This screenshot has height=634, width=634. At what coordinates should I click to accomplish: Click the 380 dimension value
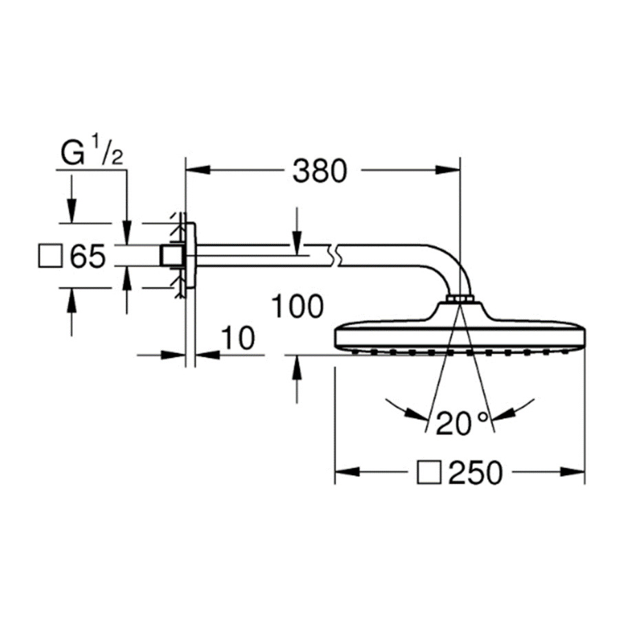pyautogui.click(x=320, y=171)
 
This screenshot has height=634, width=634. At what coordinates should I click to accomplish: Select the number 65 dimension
pyautogui.click(x=87, y=256)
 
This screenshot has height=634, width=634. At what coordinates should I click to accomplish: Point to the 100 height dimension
pyautogui.click(x=297, y=306)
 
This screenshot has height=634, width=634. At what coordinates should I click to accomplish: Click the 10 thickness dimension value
pyautogui.click(x=239, y=338)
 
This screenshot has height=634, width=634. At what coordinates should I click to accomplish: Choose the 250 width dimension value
pyautogui.click(x=476, y=473)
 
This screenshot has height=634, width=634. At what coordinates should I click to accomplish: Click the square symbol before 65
pyautogui.click(x=50, y=256)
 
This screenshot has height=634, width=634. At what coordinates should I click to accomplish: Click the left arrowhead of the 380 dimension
pyautogui.click(x=198, y=170)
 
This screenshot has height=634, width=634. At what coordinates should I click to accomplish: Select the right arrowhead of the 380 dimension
pyautogui.click(x=447, y=170)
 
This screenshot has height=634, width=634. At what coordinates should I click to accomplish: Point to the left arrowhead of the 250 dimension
pyautogui.click(x=348, y=472)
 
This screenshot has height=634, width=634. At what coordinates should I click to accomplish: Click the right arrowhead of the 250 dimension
pyautogui.click(x=572, y=472)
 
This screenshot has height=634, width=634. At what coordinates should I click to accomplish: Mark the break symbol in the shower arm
pyautogui.click(x=335, y=255)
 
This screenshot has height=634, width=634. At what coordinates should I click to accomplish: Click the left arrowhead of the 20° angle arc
pyautogui.click(x=416, y=414)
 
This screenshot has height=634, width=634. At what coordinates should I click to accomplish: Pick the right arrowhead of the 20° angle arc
pyautogui.click(x=503, y=414)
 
